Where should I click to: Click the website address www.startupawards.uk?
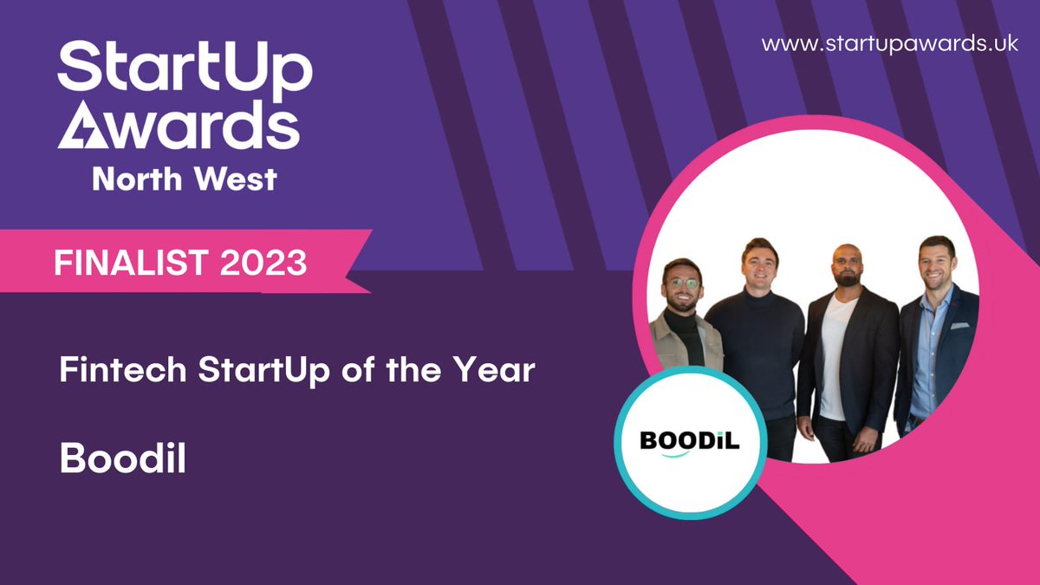[x=890, y=45]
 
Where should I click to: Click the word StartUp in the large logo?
[x=184, y=70]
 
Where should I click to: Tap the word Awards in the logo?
[x=179, y=127]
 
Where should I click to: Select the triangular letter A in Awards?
[x=79, y=127]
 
